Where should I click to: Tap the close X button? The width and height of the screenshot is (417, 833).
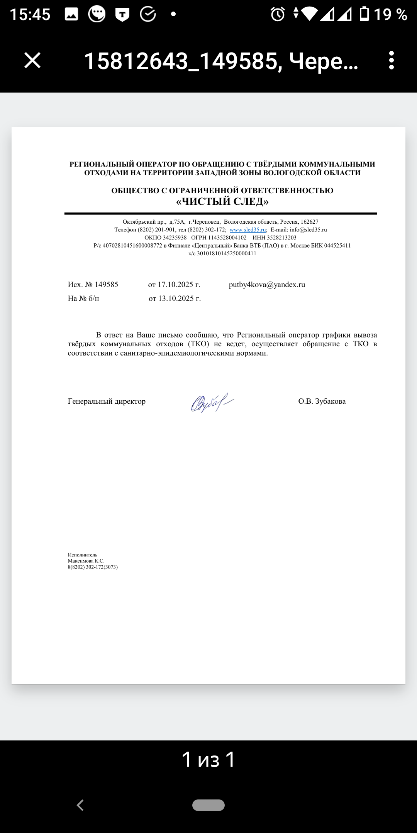pyautogui.click(x=32, y=61)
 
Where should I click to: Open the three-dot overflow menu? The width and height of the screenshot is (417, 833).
pyautogui.click(x=392, y=61)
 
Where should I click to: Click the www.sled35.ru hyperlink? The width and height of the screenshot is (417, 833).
pyautogui.click(x=247, y=230)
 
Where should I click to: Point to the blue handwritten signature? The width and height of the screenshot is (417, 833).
pyautogui.click(x=212, y=403)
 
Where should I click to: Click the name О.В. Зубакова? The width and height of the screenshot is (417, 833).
pyautogui.click(x=322, y=401)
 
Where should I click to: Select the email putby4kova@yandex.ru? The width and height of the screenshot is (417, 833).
pyautogui.click(x=267, y=285)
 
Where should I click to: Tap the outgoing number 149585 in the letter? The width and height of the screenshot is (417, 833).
pyautogui.click(x=107, y=285)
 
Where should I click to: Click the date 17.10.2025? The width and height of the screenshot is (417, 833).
pyautogui.click(x=175, y=285)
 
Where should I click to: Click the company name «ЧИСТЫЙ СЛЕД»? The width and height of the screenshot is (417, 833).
pyautogui.click(x=222, y=202)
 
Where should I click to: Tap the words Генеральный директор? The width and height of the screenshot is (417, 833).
pyautogui.click(x=107, y=401)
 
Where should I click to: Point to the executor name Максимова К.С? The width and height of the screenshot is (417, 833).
pyautogui.click(x=86, y=561)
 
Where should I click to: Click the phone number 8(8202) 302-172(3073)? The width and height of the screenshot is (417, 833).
pyautogui.click(x=93, y=567)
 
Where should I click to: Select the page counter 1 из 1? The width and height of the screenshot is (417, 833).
pyautogui.click(x=208, y=759)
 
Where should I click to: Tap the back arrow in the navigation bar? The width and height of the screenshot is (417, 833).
pyautogui.click(x=80, y=805)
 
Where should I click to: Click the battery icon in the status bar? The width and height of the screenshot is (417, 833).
pyautogui.click(x=364, y=14)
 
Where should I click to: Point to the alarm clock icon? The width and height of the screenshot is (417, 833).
pyautogui.click(x=278, y=14)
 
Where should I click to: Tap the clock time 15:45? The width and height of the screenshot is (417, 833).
pyautogui.click(x=30, y=15)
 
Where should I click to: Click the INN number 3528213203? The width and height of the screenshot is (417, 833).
pyautogui.click(x=281, y=238)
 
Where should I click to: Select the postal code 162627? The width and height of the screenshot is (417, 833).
pyautogui.click(x=309, y=222)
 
